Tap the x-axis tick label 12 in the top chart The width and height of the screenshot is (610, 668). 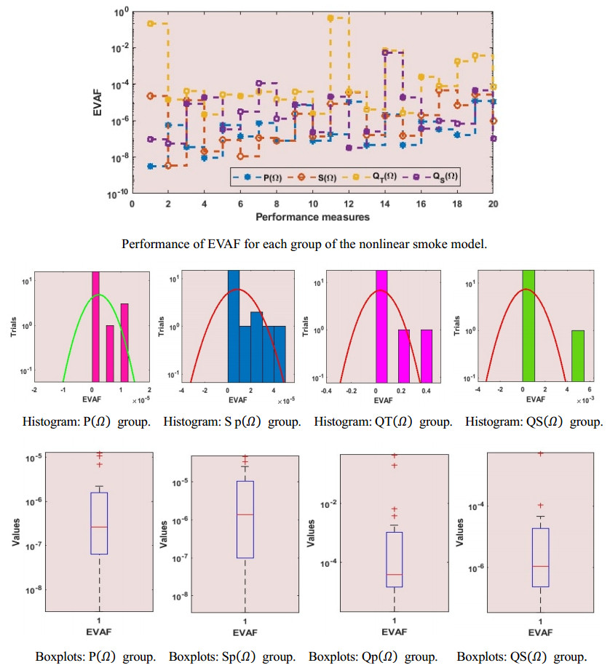point(349,204)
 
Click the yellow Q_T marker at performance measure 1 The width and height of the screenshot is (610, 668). point(151,23)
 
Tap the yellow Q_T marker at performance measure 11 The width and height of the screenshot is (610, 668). point(330,17)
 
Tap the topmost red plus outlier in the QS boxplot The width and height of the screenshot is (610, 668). point(540,453)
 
